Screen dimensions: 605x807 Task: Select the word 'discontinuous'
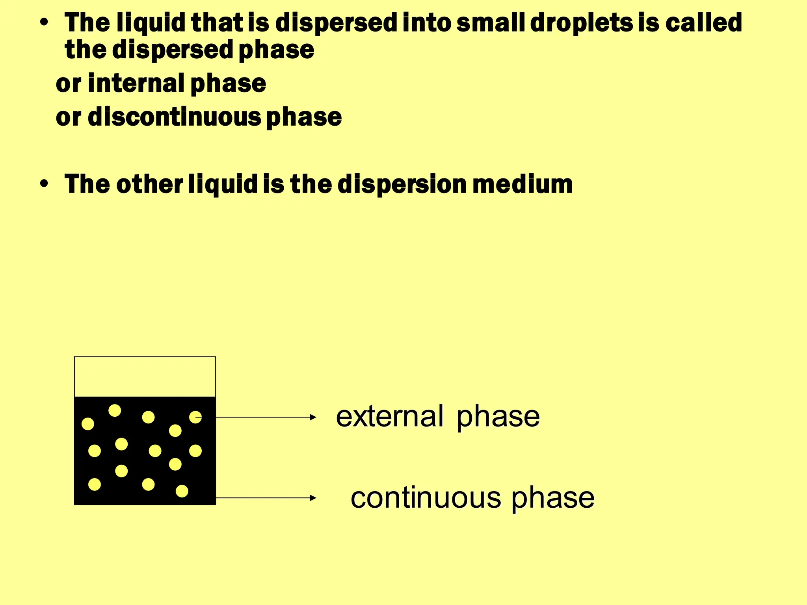click(174, 117)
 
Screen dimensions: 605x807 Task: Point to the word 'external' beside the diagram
click(389, 416)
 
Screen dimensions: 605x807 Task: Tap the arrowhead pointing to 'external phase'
click(313, 417)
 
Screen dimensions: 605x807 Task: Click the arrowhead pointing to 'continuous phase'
click(313, 498)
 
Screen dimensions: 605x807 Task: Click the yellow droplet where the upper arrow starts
click(195, 417)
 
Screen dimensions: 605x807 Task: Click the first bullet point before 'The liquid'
click(44, 23)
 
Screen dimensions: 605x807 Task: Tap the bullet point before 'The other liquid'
click(44, 184)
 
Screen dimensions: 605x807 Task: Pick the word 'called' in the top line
click(704, 23)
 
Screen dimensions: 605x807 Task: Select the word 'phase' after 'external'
click(498, 416)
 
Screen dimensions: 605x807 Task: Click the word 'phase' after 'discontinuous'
click(304, 117)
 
